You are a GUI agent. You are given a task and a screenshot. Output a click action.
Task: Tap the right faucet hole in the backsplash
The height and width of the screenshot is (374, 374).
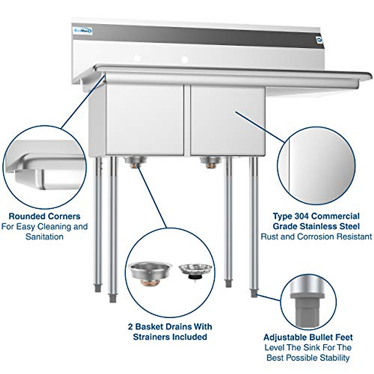click(x=185, y=59)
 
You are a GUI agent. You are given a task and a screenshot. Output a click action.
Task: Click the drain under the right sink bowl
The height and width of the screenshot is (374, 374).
click(x=211, y=161)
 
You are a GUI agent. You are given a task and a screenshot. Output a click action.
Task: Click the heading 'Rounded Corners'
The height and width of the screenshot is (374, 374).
click(x=44, y=216)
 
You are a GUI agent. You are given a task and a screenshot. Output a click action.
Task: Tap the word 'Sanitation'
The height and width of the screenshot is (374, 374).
click(x=44, y=237)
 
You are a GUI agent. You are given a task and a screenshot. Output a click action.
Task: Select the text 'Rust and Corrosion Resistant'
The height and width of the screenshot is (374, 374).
click(x=316, y=237)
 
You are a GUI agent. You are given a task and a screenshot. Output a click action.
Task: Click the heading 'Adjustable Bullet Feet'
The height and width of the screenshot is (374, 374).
click(x=308, y=337)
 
